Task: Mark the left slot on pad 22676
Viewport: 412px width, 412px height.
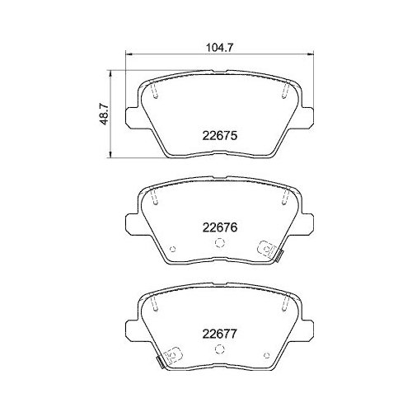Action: click(x=155, y=198)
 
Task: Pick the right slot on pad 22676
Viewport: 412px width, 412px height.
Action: click(x=283, y=198)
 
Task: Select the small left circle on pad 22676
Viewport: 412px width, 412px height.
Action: click(x=172, y=250)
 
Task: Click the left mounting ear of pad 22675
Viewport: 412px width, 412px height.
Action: click(x=132, y=115)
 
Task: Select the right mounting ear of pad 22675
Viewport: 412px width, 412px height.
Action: click(x=307, y=115)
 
